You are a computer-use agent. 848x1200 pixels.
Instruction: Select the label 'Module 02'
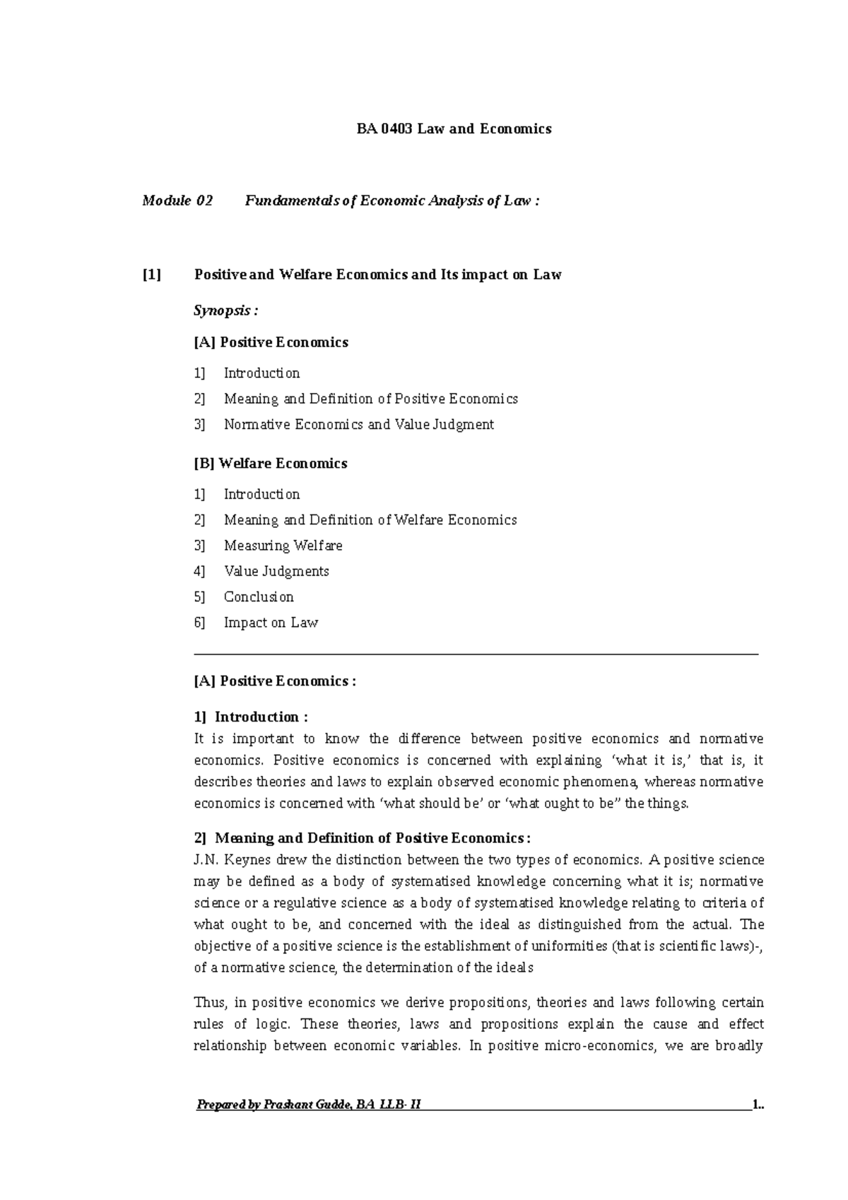click(x=177, y=201)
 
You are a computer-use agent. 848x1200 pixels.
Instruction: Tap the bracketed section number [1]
click(x=152, y=275)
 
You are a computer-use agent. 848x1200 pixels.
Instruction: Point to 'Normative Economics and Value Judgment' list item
click(x=359, y=425)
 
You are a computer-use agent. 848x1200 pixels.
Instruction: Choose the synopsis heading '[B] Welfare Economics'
click(x=271, y=464)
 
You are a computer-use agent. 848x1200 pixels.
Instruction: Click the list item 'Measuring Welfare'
click(x=283, y=546)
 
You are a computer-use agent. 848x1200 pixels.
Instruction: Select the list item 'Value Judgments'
click(x=276, y=571)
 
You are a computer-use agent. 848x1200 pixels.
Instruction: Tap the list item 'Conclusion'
click(x=259, y=597)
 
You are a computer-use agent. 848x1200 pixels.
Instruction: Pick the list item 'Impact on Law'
click(x=271, y=623)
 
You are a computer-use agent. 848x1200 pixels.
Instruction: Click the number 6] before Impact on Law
click(x=199, y=623)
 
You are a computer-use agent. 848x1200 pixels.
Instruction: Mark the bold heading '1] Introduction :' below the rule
click(x=251, y=717)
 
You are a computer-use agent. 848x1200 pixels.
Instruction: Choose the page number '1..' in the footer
click(x=758, y=1105)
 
